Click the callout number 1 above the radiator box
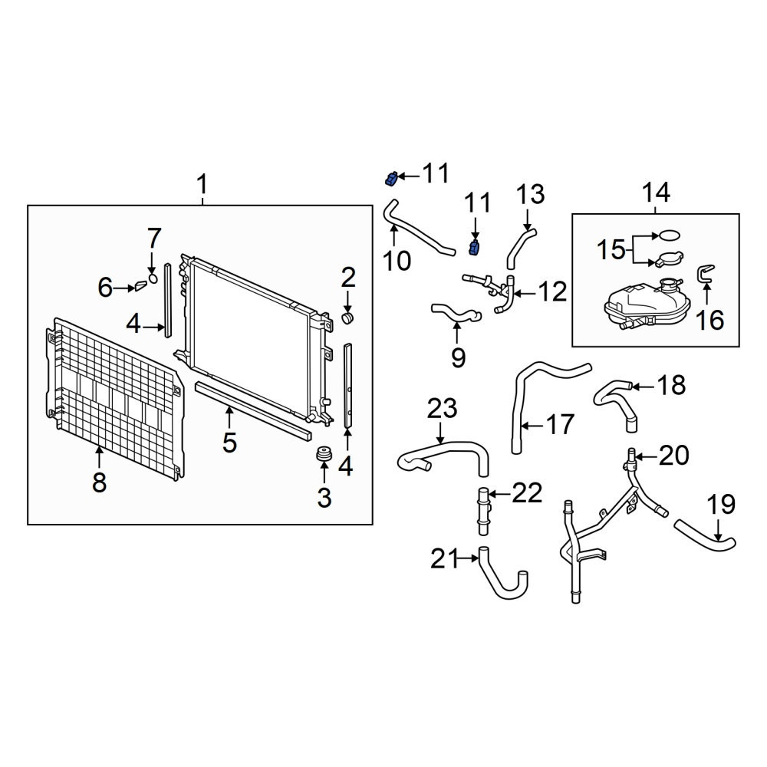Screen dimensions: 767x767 click(x=202, y=186)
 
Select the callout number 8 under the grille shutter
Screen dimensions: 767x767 click(x=99, y=482)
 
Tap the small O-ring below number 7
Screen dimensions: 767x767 click(x=153, y=279)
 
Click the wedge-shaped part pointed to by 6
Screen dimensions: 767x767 click(x=140, y=286)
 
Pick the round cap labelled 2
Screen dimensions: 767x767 click(x=347, y=318)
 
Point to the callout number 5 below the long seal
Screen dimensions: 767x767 click(x=229, y=443)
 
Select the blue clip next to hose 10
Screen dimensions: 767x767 click(x=390, y=179)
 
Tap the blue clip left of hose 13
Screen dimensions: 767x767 click(x=473, y=248)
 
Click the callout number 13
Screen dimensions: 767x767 click(x=530, y=194)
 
